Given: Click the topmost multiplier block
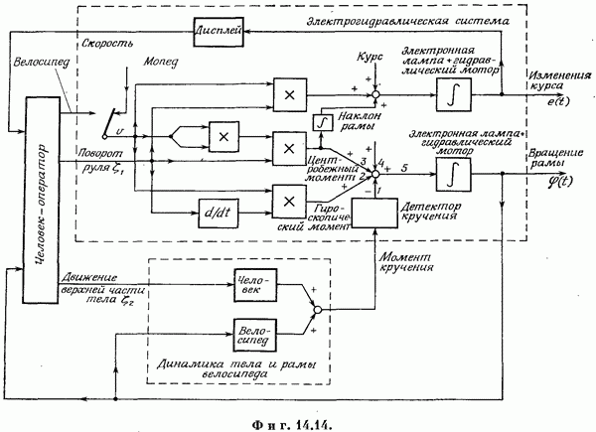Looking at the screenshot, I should [289, 95].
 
